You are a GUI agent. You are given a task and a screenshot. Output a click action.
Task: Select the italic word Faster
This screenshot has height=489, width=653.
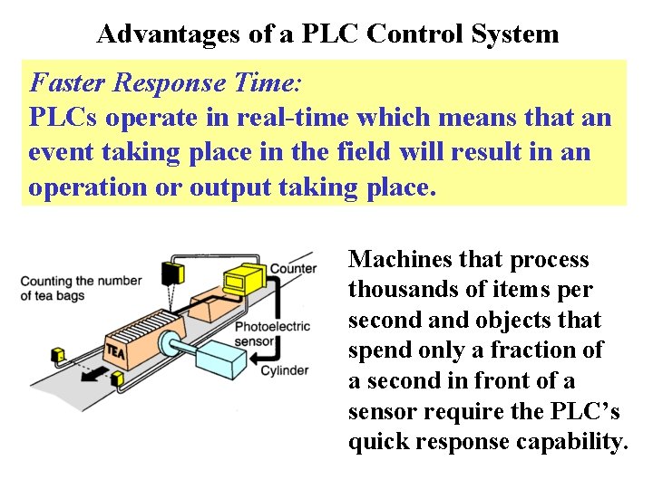pos(68,83)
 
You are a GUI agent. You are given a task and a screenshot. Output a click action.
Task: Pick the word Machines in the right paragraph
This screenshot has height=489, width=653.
pos(400,260)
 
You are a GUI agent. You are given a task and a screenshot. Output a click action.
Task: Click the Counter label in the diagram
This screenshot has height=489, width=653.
pos(293,268)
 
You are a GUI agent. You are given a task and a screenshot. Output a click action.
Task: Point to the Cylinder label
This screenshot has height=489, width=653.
pos(284,370)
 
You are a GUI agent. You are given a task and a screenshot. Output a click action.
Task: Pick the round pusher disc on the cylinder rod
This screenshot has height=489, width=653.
pos(169,343)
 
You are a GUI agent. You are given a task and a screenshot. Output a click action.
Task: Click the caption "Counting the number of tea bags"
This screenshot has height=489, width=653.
pos(81,288)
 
